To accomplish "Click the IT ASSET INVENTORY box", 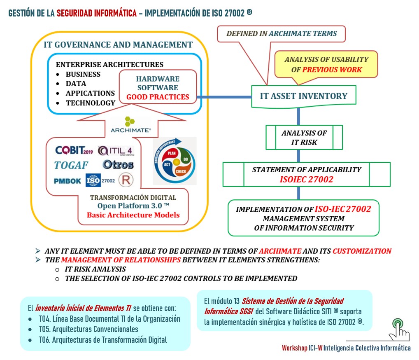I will [303, 96].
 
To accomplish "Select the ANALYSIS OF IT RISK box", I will [304, 138].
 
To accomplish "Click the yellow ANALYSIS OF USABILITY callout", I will [326, 64].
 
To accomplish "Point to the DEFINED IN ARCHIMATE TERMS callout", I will [282, 34].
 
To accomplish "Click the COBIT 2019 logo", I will [74, 150].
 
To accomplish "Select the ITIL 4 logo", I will [116, 151].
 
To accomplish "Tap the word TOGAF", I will [71, 165].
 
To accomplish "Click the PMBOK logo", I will [67, 181].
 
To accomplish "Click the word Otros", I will [118, 165].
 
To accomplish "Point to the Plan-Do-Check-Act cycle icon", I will [175, 161].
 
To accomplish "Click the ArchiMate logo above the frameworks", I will [130, 125].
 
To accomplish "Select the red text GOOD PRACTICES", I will [158, 97].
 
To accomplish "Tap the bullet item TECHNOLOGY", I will [91, 103].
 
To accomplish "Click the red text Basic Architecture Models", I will [133, 215].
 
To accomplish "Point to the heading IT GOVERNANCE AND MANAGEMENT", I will [118, 44].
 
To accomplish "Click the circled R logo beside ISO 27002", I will [126, 180].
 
